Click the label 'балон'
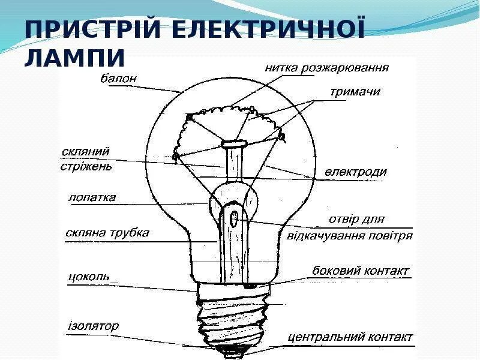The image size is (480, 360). click(x=119, y=78)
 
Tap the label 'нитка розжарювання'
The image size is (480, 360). click(x=326, y=67)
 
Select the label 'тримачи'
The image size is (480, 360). click(x=355, y=92)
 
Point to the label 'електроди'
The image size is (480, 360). click(x=356, y=172)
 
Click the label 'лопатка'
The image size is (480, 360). click(x=92, y=197)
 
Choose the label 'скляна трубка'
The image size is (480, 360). click(x=107, y=233)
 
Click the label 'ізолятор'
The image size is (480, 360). click(x=93, y=326)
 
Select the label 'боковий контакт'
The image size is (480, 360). click(x=360, y=271)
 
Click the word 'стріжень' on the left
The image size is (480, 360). click(x=86, y=166)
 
